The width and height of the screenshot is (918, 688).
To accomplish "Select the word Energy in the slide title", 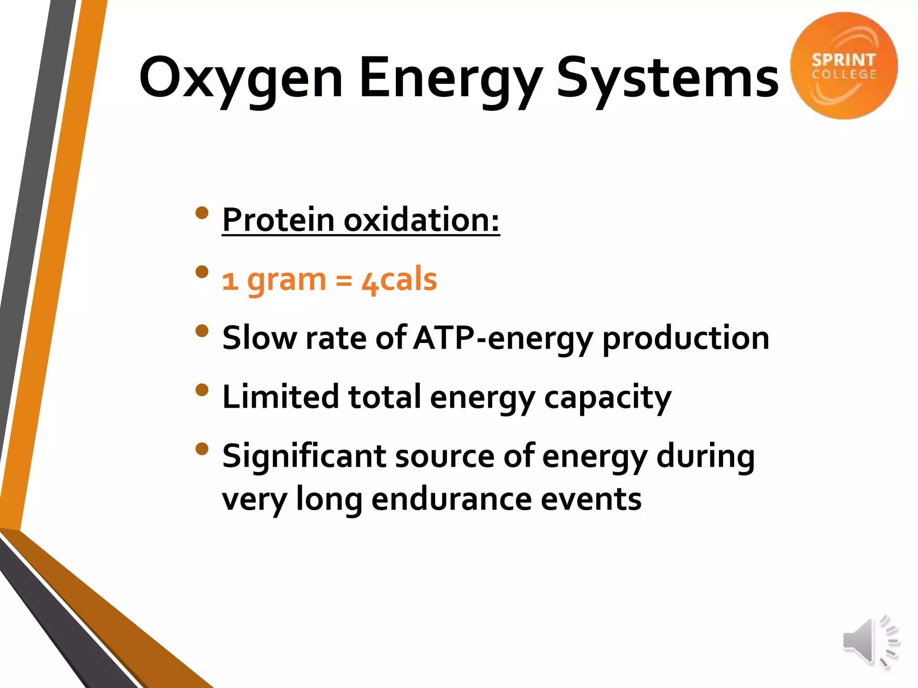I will [450, 78].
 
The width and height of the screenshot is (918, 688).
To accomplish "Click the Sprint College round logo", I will [844, 66].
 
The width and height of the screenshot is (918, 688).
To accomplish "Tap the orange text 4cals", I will [399, 280].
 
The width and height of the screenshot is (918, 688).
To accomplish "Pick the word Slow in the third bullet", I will [259, 338].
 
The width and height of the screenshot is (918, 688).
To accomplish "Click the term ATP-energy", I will [502, 339].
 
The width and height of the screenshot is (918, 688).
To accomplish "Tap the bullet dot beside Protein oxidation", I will [202, 213].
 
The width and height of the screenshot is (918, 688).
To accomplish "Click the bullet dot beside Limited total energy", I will [202, 390].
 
